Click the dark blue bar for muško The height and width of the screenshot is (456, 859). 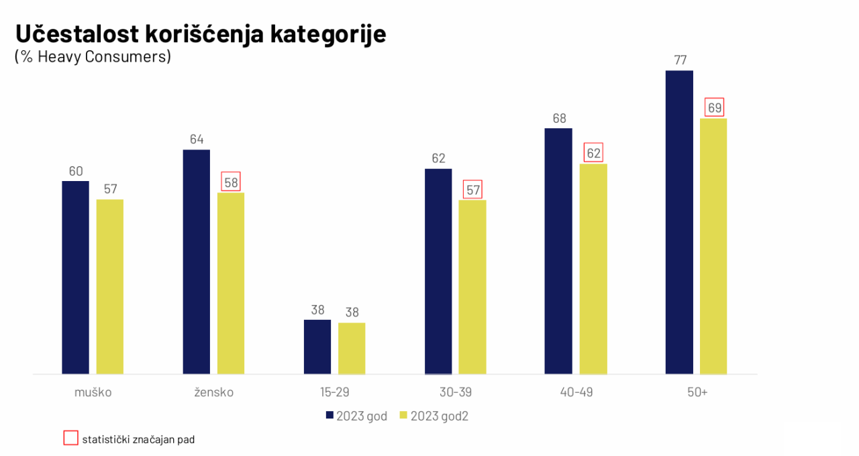click(75, 277)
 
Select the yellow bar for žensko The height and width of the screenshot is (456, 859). click(231, 283)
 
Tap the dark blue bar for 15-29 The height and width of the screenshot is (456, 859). click(317, 346)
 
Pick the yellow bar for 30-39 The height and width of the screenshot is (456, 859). click(472, 286)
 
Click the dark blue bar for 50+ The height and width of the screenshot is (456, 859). click(679, 222)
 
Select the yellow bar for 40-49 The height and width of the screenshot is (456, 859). click(593, 268)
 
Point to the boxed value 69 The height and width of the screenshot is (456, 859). click(714, 107)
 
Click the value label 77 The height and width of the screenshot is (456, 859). click(680, 60)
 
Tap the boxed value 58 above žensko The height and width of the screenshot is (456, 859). click(231, 182)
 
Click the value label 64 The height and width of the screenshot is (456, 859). click(197, 139)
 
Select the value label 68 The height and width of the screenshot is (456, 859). click(559, 119)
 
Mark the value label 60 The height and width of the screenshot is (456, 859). click(76, 171)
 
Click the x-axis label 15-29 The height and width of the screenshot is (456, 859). click(334, 392)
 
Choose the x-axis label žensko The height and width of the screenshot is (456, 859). click(213, 392)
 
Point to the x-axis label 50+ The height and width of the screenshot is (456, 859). click(697, 392)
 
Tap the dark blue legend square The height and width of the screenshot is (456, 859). click(330, 416)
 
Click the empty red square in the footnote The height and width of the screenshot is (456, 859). click(70, 439)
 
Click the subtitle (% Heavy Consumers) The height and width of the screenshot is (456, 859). click(93, 57)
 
